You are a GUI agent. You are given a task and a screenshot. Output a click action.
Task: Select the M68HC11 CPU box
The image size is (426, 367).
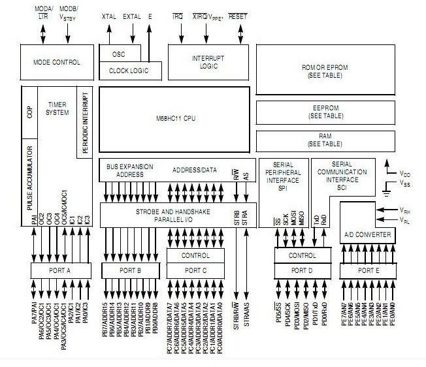(174, 118)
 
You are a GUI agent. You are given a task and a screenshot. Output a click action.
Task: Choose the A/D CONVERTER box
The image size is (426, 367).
(367, 234)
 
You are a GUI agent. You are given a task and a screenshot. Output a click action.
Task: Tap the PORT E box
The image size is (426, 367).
(367, 270)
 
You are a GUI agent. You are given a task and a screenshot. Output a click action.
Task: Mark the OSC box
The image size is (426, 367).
(118, 55)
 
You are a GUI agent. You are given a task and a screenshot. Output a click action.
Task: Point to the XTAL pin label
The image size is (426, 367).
(108, 16)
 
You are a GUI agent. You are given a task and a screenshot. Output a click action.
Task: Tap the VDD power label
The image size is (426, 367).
(406, 174)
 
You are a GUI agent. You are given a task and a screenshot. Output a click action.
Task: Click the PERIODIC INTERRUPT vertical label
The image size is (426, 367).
(86, 121)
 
